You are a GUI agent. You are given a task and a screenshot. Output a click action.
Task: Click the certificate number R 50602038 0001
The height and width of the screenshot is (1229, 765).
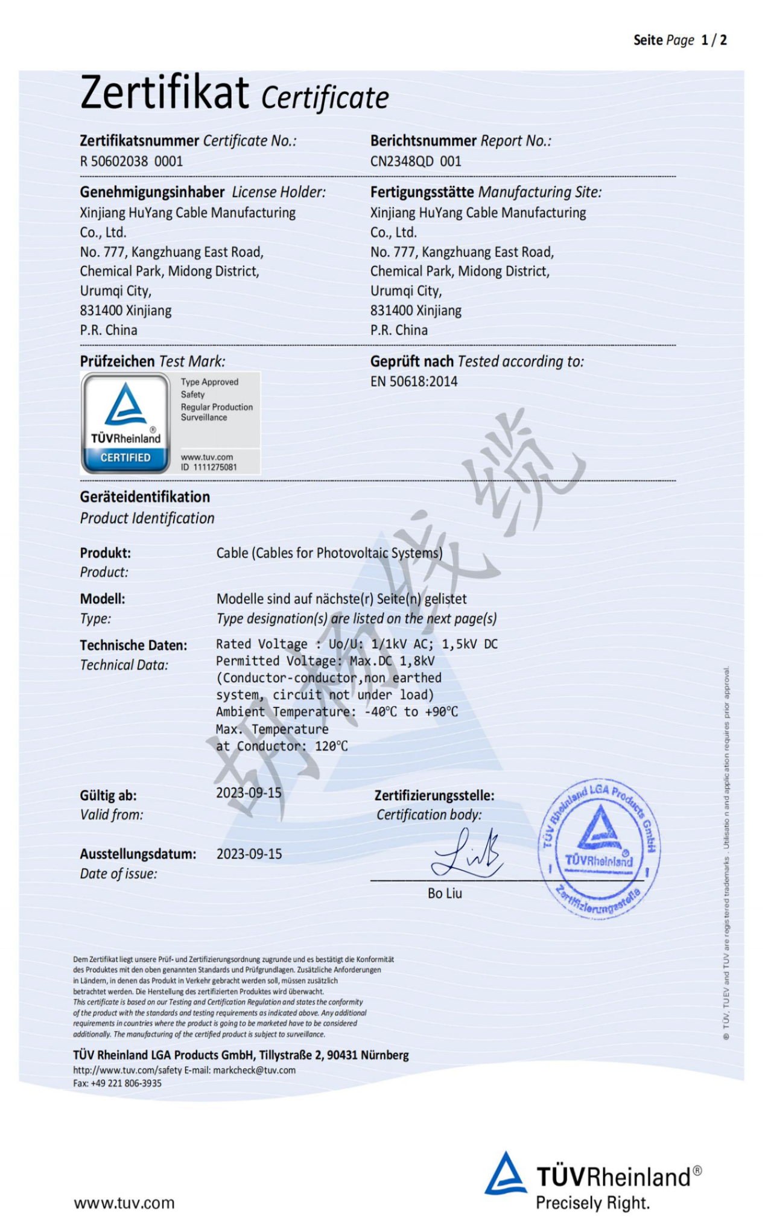tap(131, 161)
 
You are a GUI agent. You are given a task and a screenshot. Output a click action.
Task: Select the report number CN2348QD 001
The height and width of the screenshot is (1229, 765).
tap(416, 161)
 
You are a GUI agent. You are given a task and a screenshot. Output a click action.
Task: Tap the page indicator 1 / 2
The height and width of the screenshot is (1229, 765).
tap(714, 40)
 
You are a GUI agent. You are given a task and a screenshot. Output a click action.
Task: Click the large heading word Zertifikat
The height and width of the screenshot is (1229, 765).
tap(164, 94)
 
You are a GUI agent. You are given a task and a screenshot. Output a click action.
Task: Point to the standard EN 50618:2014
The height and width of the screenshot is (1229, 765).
tap(414, 381)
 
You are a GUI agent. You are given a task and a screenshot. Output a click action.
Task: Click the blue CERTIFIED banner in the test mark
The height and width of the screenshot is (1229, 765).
tap(125, 458)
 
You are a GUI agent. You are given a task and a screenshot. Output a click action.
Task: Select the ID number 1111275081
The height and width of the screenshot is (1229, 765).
tap(215, 467)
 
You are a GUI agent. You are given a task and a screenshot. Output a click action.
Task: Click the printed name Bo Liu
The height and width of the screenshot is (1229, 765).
tap(445, 893)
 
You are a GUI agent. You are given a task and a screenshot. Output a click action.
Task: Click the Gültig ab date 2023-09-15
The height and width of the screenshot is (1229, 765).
tap(249, 793)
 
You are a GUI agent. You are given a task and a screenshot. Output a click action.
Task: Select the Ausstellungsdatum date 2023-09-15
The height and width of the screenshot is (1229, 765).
tap(249, 854)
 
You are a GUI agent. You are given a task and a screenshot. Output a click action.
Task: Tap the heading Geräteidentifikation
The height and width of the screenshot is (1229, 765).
tap(145, 497)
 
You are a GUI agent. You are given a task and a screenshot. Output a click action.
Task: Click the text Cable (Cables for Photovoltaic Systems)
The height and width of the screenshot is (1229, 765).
tap(329, 553)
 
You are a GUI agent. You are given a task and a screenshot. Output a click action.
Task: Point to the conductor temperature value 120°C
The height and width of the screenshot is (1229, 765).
tap(331, 746)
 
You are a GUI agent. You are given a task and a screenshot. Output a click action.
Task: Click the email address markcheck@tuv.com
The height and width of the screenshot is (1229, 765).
tap(254, 1070)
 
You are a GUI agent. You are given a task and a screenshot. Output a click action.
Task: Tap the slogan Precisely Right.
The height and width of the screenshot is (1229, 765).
tap(592, 1203)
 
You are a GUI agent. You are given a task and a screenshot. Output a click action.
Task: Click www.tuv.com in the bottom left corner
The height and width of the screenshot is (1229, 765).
tap(124, 1203)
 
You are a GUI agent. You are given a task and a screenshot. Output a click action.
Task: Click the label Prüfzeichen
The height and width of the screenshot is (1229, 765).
tap(117, 361)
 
